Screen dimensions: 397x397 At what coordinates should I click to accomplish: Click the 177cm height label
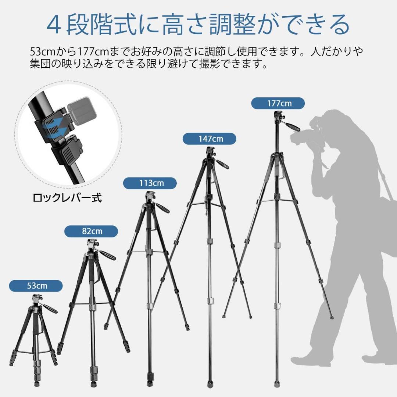click(278, 103)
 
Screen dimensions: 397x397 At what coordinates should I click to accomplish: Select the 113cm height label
click(150, 183)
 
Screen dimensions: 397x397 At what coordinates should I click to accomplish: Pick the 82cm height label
click(91, 231)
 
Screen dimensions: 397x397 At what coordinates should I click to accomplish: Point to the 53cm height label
click(36, 286)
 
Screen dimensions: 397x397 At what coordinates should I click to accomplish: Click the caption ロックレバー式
click(67, 198)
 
